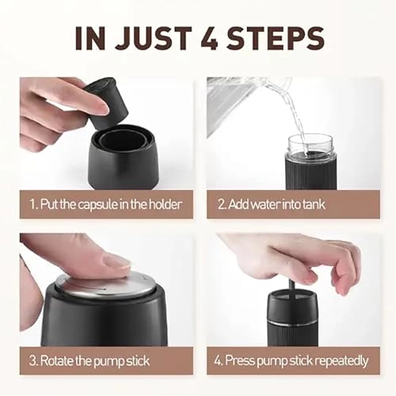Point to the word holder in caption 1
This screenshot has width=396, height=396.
coord(163,204)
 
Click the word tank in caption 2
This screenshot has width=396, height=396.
coord(312,204)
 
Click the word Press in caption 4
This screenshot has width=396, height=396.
coord(241,360)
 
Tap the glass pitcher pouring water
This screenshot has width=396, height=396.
coord(242,99)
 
